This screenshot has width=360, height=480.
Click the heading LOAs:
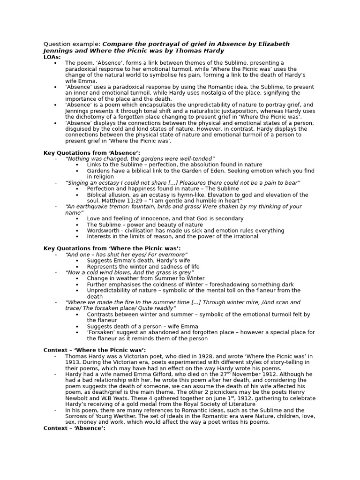tap(52, 57)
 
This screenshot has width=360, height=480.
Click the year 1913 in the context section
tap(73, 362)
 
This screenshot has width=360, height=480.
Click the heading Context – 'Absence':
tap(75, 428)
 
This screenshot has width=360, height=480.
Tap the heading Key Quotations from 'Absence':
tap(92, 153)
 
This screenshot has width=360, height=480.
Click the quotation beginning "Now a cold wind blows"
tap(130, 272)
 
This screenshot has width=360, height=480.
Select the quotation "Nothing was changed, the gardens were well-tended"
tap(140, 159)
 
